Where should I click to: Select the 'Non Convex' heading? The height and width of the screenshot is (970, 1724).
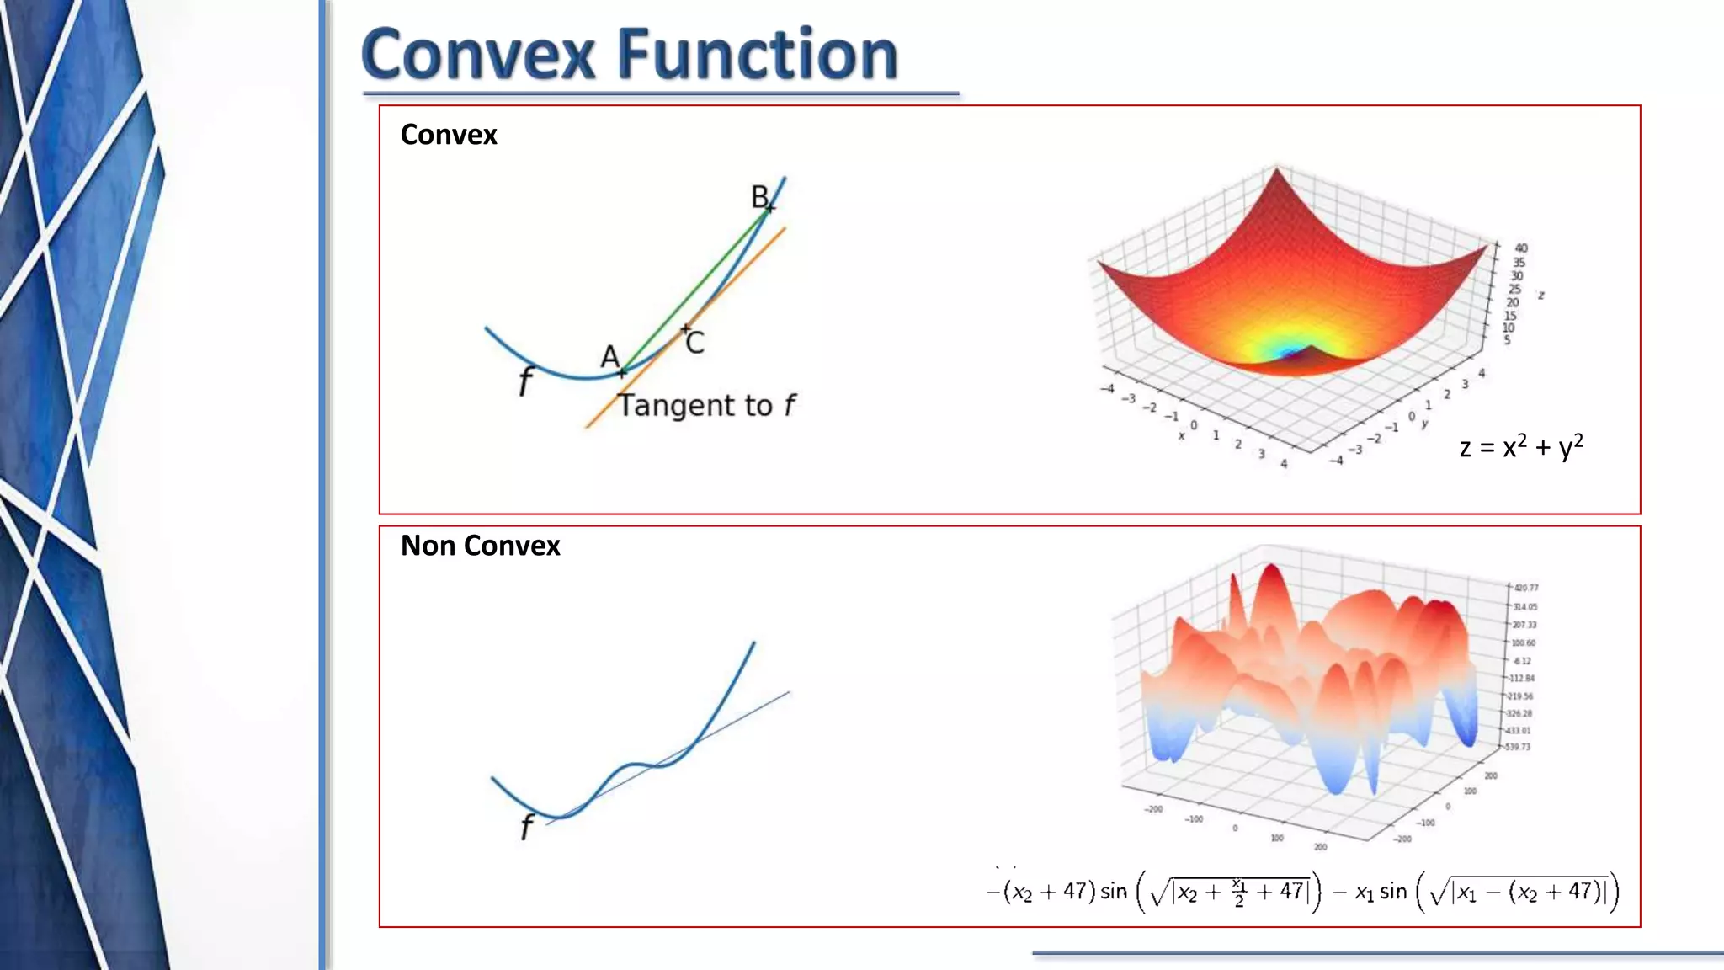pos(480,546)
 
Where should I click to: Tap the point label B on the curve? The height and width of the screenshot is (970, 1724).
pos(759,197)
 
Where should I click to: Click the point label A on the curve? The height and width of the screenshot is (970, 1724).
pos(609,357)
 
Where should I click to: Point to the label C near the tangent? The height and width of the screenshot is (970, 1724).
pos(695,344)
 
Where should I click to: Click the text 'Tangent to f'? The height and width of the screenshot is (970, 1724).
pos(705,406)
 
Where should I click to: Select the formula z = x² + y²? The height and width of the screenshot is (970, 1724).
pos(1521,446)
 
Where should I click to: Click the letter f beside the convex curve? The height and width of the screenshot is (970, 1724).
pos(525,381)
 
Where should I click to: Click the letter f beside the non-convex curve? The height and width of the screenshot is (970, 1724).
pos(527,827)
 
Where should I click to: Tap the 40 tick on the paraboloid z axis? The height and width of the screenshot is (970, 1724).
pos(1521,248)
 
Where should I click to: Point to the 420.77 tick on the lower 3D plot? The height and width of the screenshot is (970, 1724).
pos(1526,588)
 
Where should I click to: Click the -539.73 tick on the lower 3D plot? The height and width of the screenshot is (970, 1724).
pos(1518,747)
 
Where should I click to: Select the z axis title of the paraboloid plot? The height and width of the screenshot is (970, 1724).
pos(1541,296)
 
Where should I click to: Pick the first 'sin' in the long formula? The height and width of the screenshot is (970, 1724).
pos(1113,891)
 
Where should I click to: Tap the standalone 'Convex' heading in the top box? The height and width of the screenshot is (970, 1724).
pos(449,135)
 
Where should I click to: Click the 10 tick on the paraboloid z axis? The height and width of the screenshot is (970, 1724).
pos(1508,328)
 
